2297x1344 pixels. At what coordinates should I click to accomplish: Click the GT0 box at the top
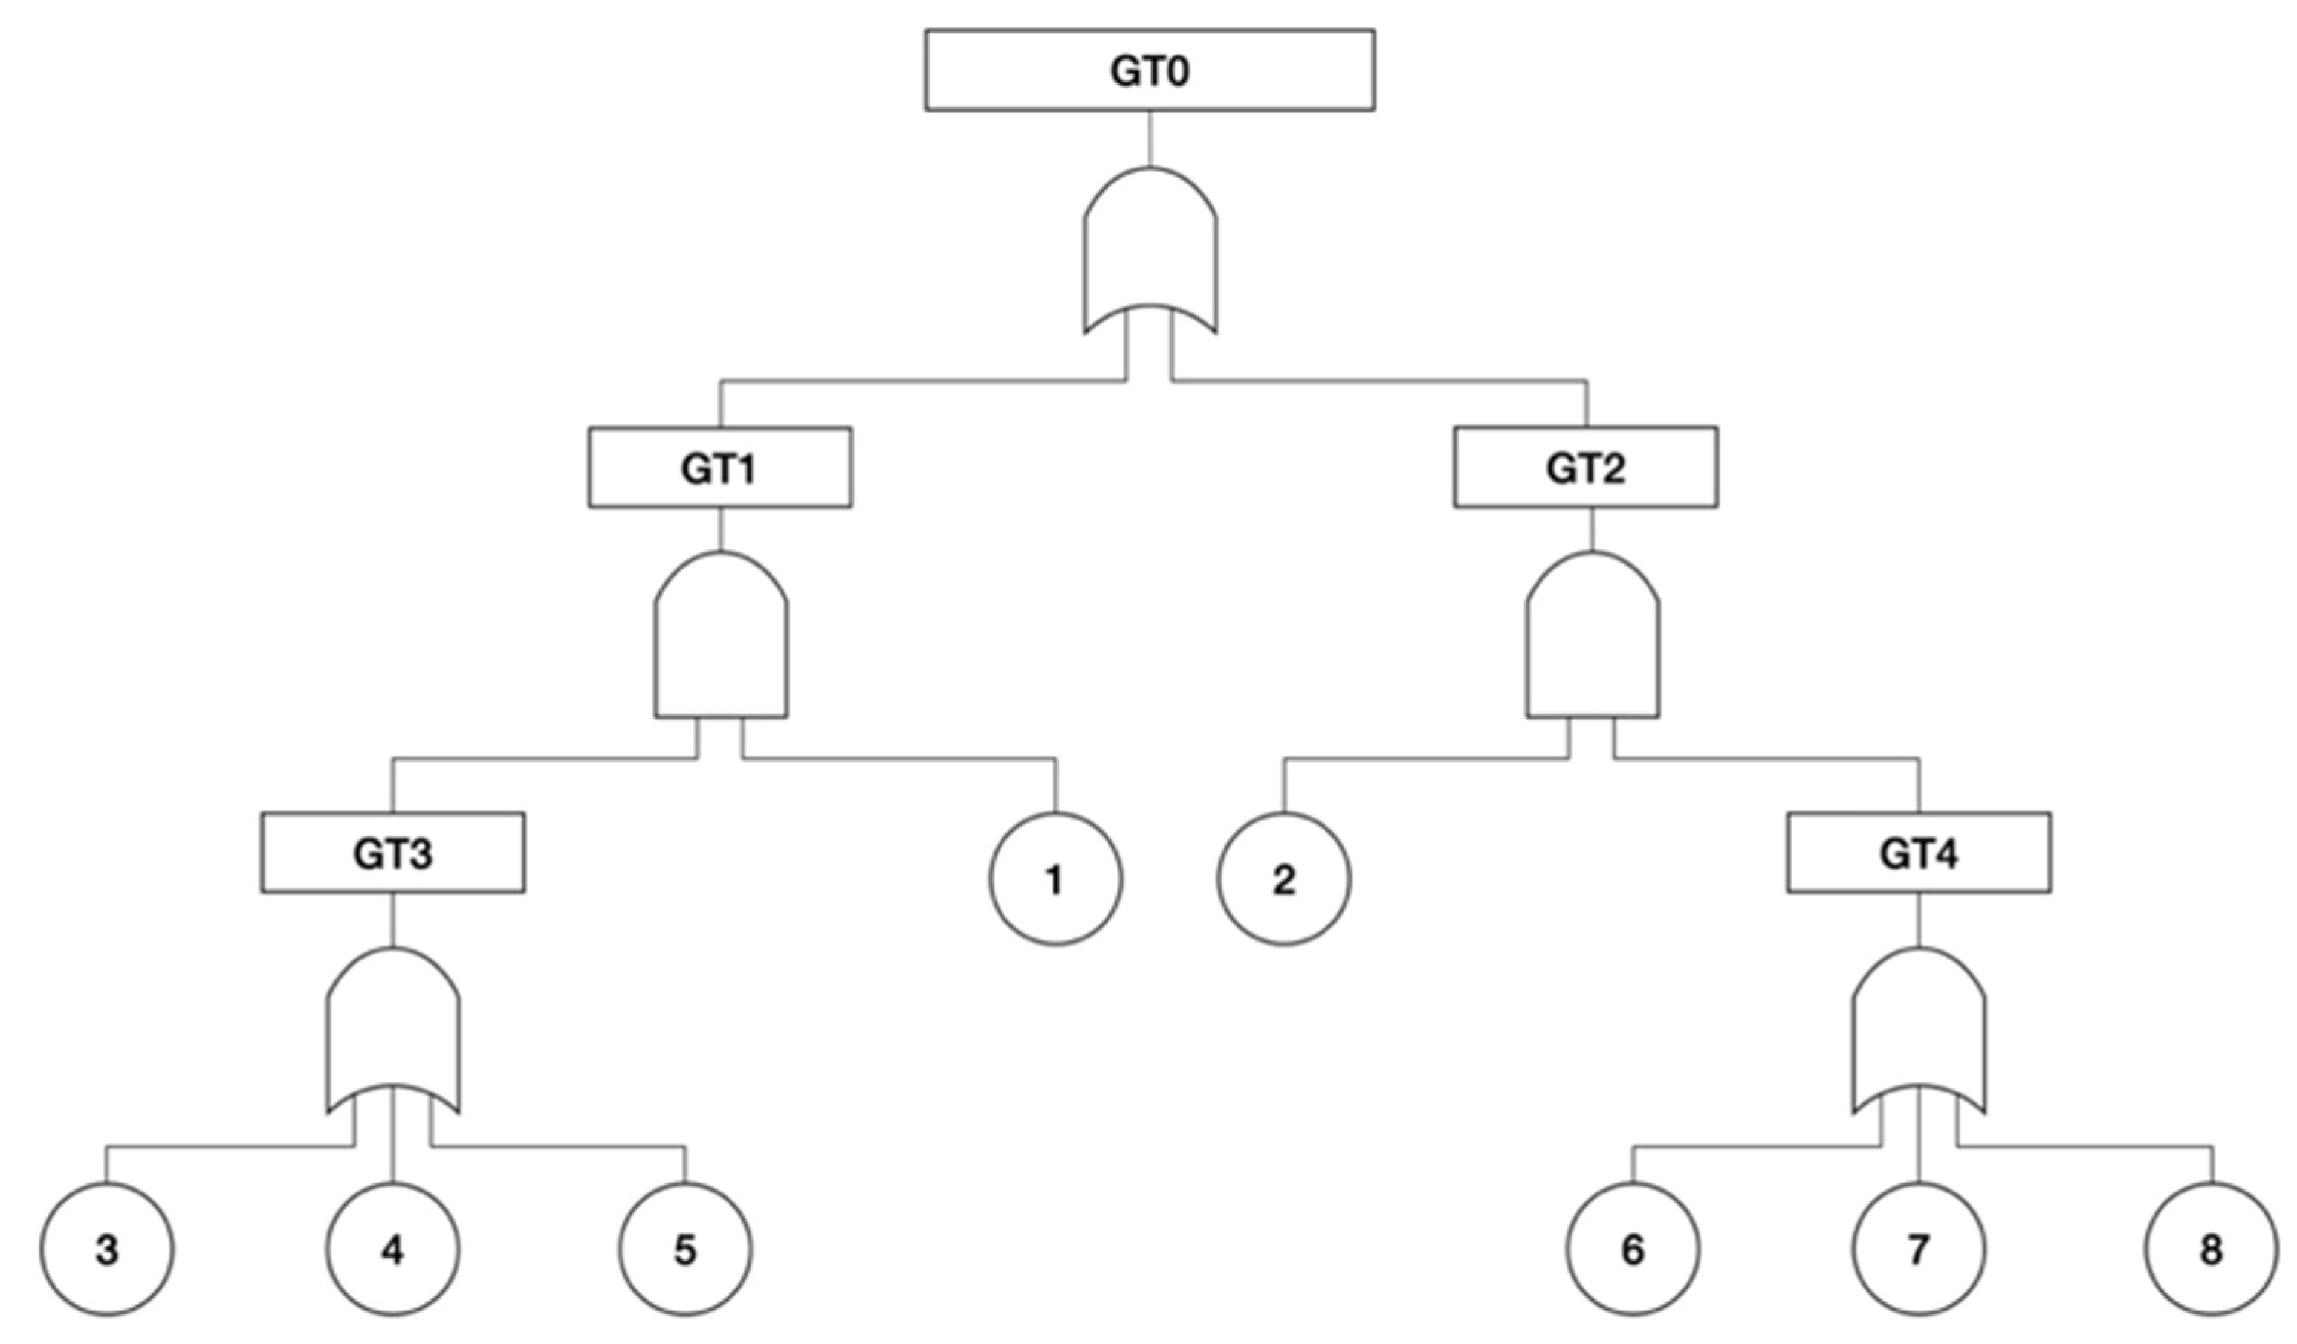[x=1150, y=70]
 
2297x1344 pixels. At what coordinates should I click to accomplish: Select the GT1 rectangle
[x=720, y=467]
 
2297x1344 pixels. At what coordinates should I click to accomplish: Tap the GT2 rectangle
[x=1585, y=467]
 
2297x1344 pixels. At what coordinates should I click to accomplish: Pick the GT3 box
[x=393, y=852]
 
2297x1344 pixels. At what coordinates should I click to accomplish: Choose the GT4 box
[x=1919, y=852]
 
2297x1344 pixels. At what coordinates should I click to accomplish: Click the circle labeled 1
[x=1055, y=879]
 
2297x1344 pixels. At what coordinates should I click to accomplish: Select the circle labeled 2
[x=1283, y=879]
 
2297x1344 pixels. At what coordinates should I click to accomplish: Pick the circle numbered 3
[x=107, y=1249]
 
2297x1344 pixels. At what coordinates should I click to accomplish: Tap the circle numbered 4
[x=393, y=1249]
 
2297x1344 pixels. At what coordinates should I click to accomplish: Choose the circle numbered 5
[x=685, y=1249]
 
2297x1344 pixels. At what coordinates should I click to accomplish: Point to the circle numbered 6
[x=1633, y=1249]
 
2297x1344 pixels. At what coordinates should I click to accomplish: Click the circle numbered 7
[x=1919, y=1249]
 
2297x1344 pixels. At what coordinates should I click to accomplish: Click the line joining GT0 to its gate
[x=1150, y=138]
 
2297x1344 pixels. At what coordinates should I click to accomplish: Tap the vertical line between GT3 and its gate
[x=393, y=919]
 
